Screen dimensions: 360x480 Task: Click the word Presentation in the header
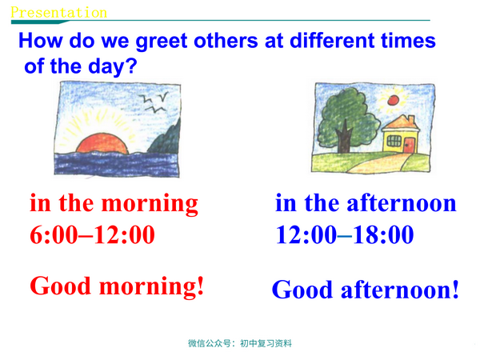click(58, 12)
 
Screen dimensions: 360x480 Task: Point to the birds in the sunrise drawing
click(154, 100)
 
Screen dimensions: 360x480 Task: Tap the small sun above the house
click(392, 100)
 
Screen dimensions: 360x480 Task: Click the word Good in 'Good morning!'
click(63, 286)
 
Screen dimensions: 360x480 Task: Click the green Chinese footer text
click(240, 344)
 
